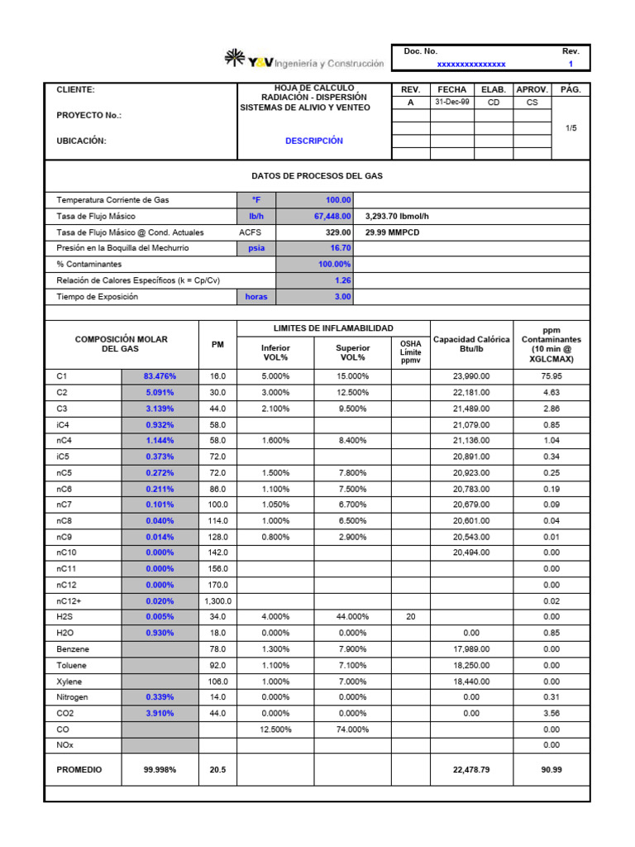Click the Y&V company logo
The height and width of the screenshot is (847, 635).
pos(303,60)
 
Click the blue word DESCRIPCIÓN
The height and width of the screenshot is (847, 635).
pos(314,141)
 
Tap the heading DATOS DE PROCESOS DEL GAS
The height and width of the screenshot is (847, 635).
pos(317,176)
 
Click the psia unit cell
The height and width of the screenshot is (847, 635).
pos(255,247)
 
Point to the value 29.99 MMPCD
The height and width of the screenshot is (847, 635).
pos(393,232)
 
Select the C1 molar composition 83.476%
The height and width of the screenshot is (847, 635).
pos(160,376)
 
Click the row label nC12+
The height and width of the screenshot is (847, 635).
pos(69,601)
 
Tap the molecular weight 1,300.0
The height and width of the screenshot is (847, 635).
pos(217,601)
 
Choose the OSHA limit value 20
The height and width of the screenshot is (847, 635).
pos(410,617)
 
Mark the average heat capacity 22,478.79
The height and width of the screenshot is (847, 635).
pos(471,769)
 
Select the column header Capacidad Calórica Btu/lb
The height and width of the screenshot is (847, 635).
pos(471,344)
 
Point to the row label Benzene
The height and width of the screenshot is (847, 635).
pos(72,649)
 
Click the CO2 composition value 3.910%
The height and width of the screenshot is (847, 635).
pos(160,713)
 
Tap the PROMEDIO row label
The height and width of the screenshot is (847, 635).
pos(79,769)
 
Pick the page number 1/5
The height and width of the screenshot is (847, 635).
pos(571,128)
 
